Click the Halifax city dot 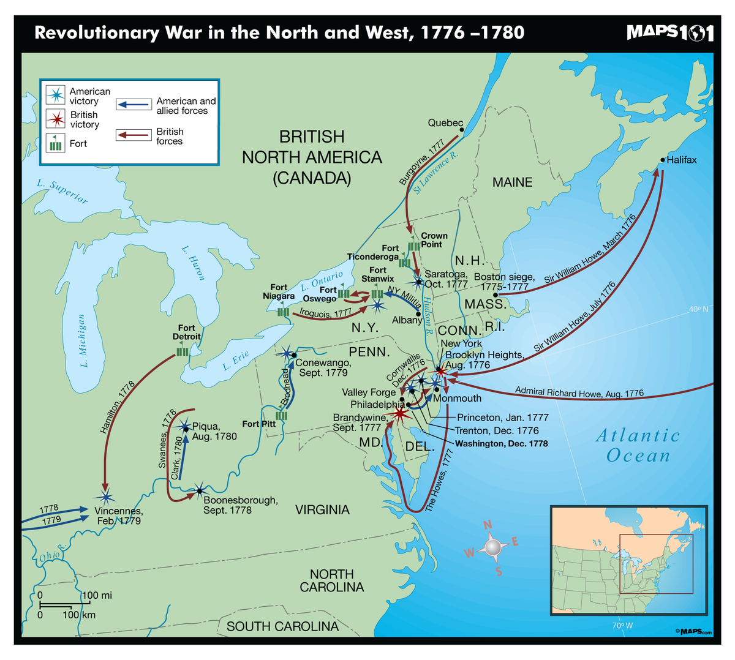click(662, 160)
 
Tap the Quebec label click(445, 123)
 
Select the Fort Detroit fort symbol click(183, 352)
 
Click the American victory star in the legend click(56, 96)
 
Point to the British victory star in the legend click(56, 119)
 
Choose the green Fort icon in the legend click(56, 143)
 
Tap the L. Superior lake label click(62, 191)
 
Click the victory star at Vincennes click(106, 497)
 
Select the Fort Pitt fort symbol click(282, 416)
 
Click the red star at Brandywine click(399, 414)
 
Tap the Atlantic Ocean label click(638, 445)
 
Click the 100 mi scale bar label click(97, 595)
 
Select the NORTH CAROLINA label click(332, 580)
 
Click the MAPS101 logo click(670, 33)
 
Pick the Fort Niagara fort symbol click(283, 312)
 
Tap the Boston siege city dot click(496, 294)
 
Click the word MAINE click(512, 182)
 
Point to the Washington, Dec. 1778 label click(502, 443)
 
